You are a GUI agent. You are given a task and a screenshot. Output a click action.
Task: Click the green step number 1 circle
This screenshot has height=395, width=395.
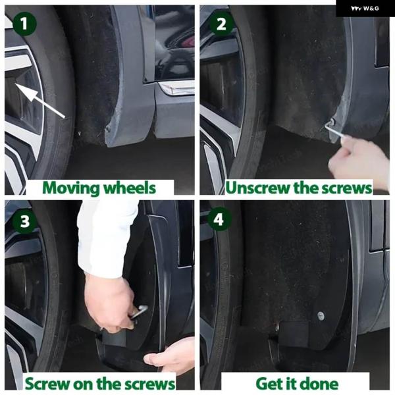tap(24, 24)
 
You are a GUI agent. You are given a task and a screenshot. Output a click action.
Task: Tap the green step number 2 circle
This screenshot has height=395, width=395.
tap(221, 24)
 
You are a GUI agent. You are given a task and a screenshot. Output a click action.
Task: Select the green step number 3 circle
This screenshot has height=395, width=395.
tap(24, 221)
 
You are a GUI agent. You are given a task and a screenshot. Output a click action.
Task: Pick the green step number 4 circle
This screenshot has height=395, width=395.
tap(219, 219)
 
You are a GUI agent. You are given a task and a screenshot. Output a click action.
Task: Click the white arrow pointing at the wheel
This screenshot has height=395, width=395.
tap(39, 100)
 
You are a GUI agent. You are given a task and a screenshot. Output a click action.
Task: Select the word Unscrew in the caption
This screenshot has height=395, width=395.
tap(258, 188)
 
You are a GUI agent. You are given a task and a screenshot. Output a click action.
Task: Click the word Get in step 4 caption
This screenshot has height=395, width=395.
tap(269, 384)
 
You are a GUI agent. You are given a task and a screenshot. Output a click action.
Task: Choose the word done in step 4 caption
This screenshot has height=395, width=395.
tap(320, 384)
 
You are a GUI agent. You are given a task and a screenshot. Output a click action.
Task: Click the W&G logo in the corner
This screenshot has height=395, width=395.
tap(365, 9)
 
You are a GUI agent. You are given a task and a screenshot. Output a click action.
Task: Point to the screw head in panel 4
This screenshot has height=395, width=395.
tap(321, 315)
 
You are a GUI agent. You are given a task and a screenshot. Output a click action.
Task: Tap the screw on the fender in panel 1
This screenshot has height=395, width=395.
tap(109, 128)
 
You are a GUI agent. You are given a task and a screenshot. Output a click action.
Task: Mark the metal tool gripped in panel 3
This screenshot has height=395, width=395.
tap(138, 312)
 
